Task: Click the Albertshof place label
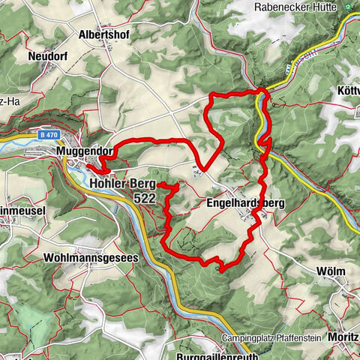pos(105,34)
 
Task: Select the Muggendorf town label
pos(83,151)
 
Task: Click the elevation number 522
pos(145,198)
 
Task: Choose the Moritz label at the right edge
pos(346,339)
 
